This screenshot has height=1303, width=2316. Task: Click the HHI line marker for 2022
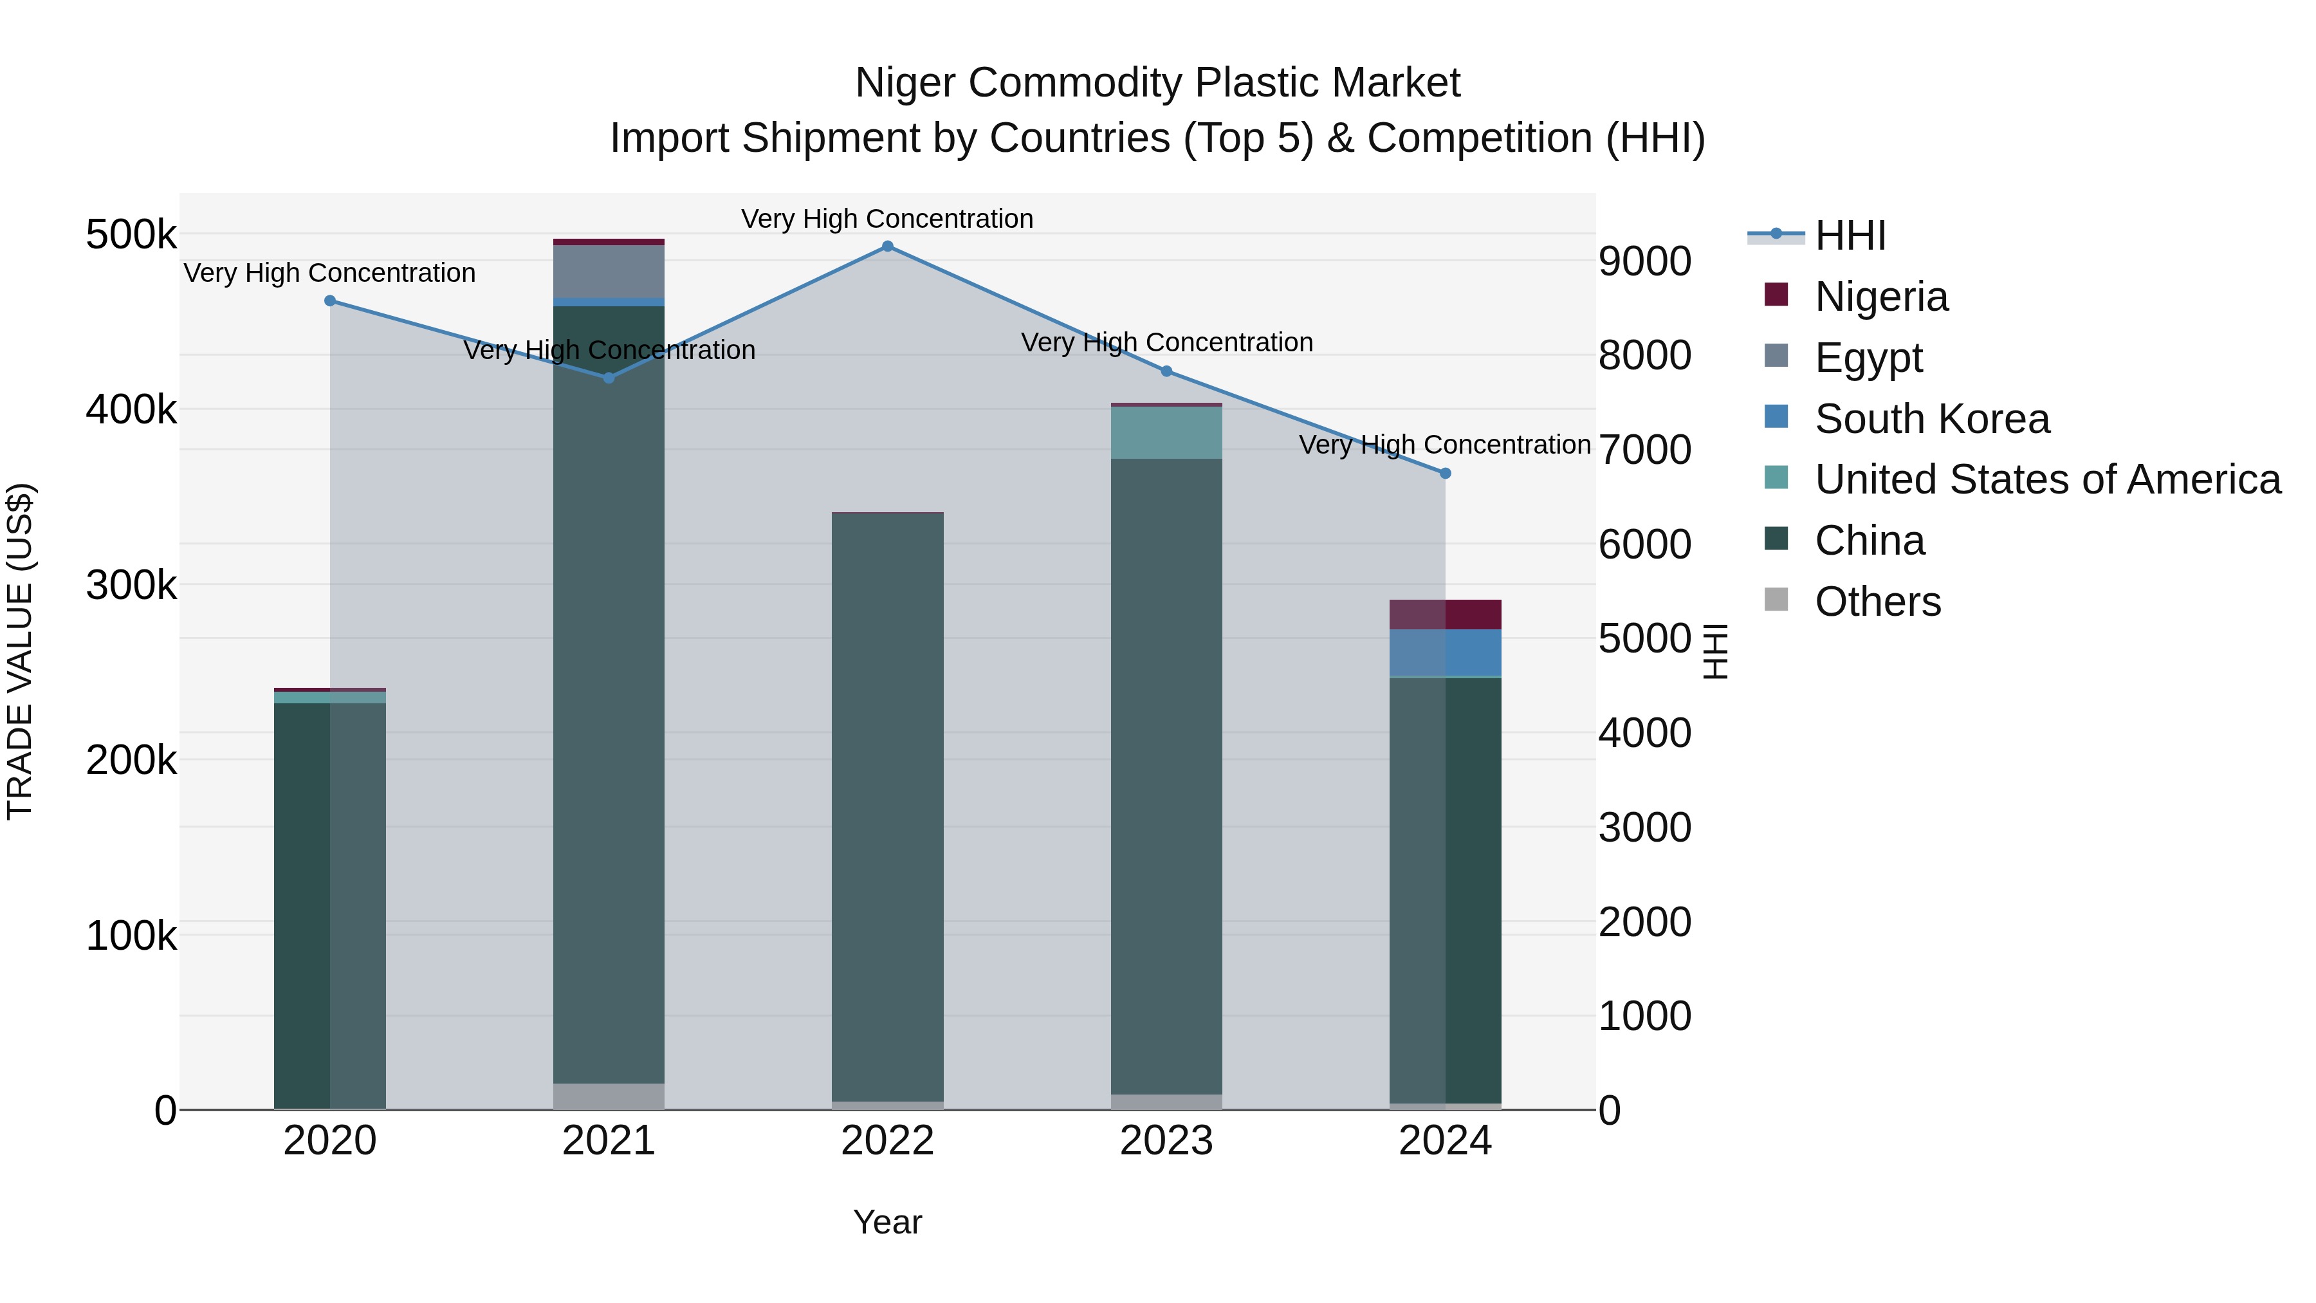click(x=887, y=246)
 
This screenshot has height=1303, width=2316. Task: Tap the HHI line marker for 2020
click(x=330, y=301)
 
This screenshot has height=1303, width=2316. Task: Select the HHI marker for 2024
click(x=1446, y=473)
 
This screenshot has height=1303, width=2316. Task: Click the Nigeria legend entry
click(x=1881, y=297)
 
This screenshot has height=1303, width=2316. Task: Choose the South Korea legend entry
click(x=1931, y=419)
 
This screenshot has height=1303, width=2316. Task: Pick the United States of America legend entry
click(x=2047, y=479)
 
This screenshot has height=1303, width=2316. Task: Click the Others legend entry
click(x=1877, y=602)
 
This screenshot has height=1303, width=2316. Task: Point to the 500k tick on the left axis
click(x=131, y=235)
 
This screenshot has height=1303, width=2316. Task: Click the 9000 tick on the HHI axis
click(x=1644, y=262)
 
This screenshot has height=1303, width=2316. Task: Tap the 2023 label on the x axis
click(x=1166, y=1141)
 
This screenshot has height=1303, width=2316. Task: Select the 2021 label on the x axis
click(x=609, y=1141)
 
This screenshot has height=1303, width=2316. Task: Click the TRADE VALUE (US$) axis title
click(x=20, y=651)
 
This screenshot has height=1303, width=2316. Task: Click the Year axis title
click(x=887, y=1222)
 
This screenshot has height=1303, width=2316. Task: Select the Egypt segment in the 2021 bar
click(x=609, y=271)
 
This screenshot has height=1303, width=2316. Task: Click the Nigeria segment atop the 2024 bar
click(x=1446, y=615)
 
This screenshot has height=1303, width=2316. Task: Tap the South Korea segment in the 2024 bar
click(x=1446, y=652)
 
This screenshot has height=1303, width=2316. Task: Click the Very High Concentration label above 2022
click(x=887, y=219)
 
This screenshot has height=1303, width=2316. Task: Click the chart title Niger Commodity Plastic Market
click(x=1157, y=83)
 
